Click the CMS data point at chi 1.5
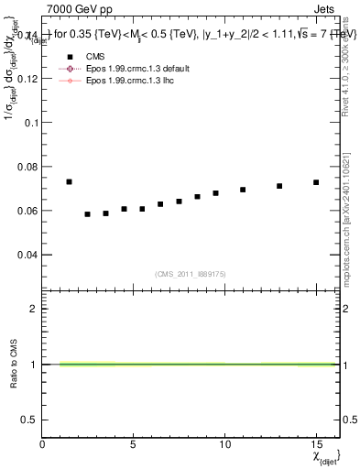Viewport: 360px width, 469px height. [69, 181]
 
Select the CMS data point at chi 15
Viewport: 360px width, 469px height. [316, 182]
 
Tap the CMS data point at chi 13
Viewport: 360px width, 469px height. [279, 186]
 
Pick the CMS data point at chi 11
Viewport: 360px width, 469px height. [243, 190]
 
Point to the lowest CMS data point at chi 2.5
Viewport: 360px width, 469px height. [87, 214]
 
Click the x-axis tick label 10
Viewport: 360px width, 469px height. [224, 443]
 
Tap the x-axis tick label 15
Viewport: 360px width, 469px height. [316, 443]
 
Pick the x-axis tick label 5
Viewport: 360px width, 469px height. [134, 443]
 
